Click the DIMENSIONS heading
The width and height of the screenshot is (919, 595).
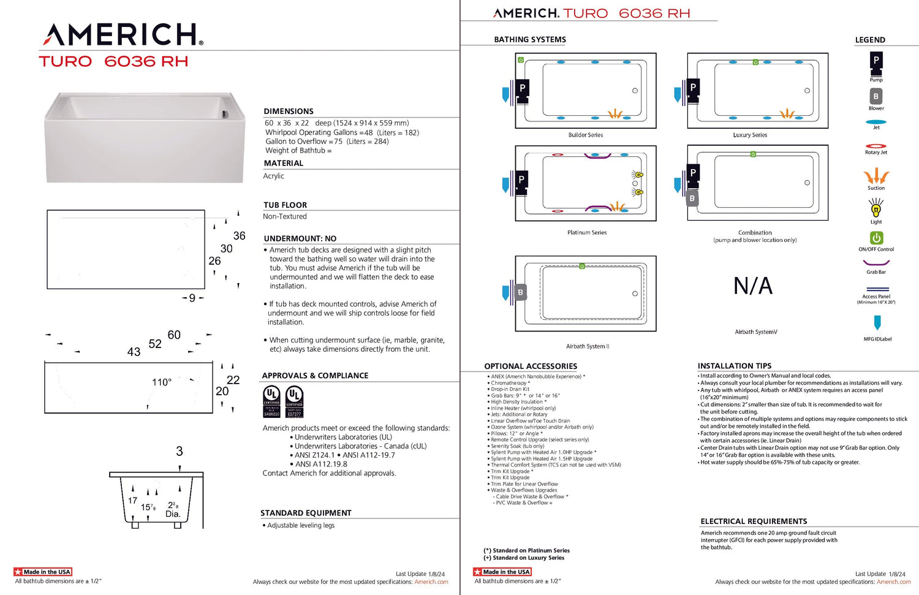click(x=289, y=112)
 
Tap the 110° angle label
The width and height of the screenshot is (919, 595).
click(x=162, y=382)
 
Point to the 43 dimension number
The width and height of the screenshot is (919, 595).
click(x=134, y=352)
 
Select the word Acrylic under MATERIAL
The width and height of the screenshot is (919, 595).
click(x=274, y=176)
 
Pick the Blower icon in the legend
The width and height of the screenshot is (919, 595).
click(x=876, y=96)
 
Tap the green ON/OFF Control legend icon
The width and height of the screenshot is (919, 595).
click(x=876, y=238)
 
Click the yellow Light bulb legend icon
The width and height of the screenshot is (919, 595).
click(x=876, y=209)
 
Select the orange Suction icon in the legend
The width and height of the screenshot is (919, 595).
click(x=876, y=176)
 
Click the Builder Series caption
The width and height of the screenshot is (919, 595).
click(x=586, y=135)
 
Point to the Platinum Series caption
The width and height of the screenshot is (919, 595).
click(x=587, y=233)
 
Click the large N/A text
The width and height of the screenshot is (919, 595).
click(x=753, y=286)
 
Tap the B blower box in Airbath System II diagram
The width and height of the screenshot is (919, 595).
click(x=520, y=293)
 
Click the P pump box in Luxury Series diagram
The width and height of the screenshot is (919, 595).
click(x=693, y=87)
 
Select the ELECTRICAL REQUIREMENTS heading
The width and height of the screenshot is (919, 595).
click(x=754, y=521)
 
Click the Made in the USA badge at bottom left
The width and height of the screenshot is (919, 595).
click(x=43, y=572)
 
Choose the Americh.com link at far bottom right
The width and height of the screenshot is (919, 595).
click(x=893, y=582)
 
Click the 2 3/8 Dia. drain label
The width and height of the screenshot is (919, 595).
click(x=173, y=510)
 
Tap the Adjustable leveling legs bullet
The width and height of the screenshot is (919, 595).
click(x=301, y=526)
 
